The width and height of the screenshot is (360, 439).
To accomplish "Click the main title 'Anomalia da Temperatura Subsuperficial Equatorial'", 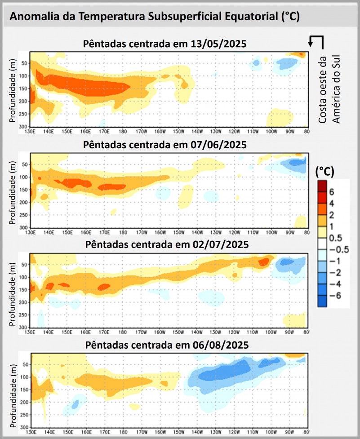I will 155,17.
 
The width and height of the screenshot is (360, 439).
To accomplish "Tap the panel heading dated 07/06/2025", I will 165,146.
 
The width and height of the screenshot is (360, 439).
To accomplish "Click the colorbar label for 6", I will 332,192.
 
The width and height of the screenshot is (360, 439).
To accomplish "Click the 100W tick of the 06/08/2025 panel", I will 271,432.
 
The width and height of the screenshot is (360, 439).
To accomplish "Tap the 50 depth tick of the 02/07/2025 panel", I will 24,265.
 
